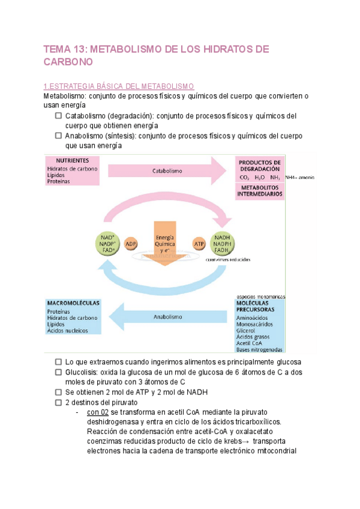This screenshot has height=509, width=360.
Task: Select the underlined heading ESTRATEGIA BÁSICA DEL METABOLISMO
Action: pos(121,86)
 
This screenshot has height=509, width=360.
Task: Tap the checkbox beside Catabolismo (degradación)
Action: pos(59,116)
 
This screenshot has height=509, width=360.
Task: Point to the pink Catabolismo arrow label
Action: pos(167,171)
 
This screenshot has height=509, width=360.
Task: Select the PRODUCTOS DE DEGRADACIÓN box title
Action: pos(260,166)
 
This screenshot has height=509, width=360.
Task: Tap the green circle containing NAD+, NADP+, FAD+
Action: pos(107,244)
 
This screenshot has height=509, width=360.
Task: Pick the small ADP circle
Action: pos(130,244)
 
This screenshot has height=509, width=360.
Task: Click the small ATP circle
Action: pos(199,244)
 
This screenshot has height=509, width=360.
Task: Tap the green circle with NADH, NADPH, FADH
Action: pos(222,244)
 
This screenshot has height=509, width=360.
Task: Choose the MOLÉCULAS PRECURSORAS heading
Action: pos(259,306)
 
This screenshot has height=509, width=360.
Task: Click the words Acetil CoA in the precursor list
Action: pos(250,343)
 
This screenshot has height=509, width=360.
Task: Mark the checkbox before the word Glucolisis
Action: pos(59,372)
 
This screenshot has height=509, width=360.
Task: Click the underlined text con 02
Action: pos(97,412)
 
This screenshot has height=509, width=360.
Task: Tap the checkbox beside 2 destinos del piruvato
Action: pos(59,402)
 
